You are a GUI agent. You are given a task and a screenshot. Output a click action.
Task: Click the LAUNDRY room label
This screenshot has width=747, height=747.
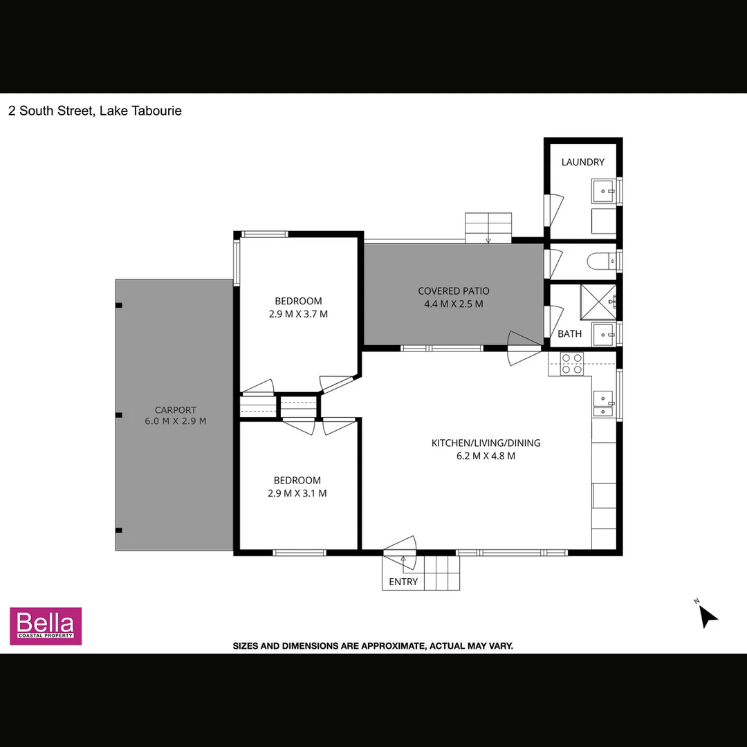coord(582,163)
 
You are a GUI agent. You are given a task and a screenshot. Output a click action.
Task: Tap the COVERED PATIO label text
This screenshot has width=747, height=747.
coord(453,291)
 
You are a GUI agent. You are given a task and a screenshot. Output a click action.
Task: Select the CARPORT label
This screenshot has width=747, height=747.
coord(175,409)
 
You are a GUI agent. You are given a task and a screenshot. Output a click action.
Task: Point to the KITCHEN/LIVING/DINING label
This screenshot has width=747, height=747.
coord(486,443)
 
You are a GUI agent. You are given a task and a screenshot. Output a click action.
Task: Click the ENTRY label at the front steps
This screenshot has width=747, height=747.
coord(403,582)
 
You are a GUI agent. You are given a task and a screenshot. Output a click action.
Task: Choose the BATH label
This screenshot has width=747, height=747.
coord(569,334)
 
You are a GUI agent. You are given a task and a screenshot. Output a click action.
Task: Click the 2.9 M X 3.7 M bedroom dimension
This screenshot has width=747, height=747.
coord(298,314)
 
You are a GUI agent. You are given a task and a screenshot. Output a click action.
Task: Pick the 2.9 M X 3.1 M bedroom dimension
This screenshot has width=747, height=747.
coord(297,493)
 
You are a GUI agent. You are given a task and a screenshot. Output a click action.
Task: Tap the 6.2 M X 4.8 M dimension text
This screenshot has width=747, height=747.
coord(486,456)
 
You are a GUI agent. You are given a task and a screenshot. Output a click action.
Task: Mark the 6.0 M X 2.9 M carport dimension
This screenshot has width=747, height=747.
coord(175,421)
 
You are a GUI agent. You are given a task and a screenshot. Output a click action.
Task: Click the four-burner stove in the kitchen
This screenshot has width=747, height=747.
coord(571,364)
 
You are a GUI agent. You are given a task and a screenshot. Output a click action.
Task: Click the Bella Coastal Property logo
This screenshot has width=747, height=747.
coord(46,626)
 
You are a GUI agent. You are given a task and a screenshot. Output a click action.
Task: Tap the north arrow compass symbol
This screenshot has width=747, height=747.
coord(707,615)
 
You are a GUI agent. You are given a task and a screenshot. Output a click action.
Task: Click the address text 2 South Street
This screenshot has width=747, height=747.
coord(95,111)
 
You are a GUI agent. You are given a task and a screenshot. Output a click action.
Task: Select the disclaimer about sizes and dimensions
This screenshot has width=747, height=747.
coord(373,646)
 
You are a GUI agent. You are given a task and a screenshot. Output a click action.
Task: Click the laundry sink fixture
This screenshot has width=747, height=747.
coord(603,188)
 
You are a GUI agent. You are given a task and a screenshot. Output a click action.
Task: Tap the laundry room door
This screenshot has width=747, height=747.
coord(555,210)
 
